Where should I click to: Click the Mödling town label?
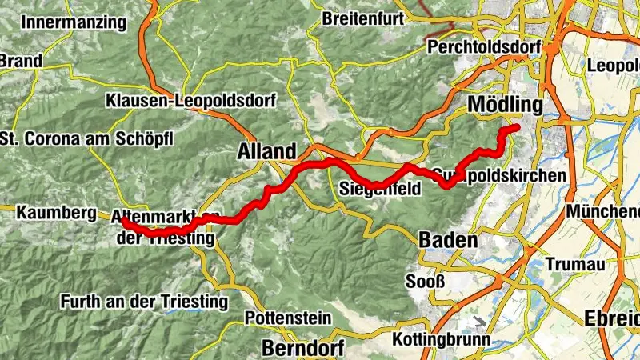click(505, 105)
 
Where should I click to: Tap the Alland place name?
click(266, 151)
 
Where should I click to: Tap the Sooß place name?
click(424, 282)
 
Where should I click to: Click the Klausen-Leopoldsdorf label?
click(190, 102)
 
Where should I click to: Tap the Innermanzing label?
click(74, 22)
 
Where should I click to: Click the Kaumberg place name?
click(50, 213)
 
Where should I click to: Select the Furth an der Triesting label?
click(144, 302)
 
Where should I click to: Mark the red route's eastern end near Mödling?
click(516, 128)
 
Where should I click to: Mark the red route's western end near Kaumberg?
click(123, 219)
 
